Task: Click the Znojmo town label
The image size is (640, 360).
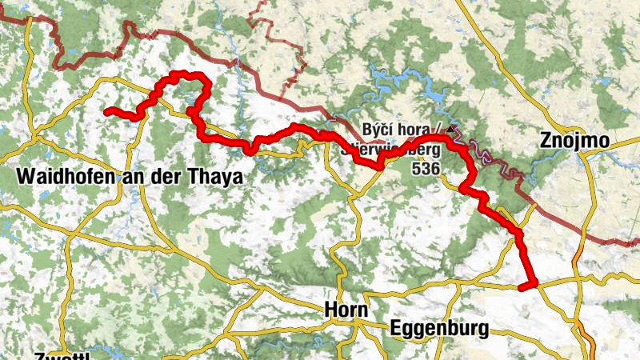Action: [574, 142]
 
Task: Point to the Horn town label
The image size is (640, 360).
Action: [347, 310]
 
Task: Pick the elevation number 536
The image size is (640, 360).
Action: [425, 169]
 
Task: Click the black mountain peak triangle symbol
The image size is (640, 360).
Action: [454, 128]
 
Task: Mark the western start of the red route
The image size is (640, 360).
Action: [107, 111]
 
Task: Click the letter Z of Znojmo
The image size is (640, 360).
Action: [546, 142]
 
